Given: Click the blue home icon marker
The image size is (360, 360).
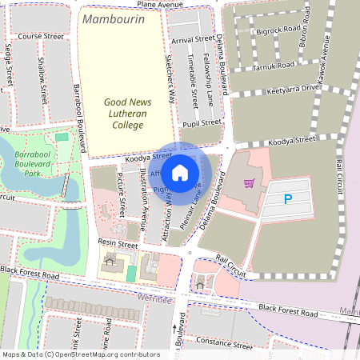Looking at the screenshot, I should [x=180, y=172].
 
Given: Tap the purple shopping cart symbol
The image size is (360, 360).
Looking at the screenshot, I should [x=250, y=183].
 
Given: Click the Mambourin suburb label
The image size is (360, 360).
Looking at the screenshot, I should [x=113, y=18].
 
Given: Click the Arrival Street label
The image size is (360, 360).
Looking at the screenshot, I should [x=193, y=38].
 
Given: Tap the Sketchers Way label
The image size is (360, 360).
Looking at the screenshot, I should [x=170, y=80].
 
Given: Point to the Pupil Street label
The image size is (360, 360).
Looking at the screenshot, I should [x=201, y=123].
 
